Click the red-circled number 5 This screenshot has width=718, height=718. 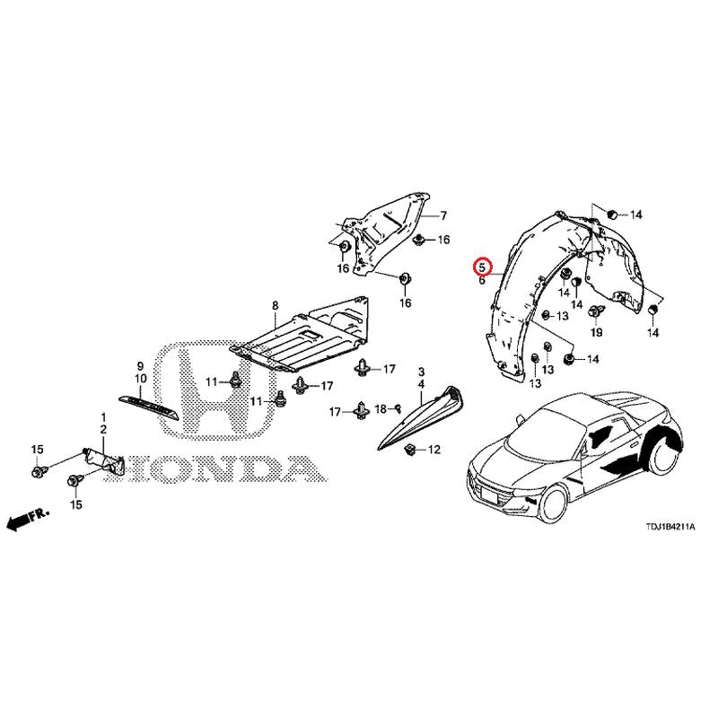[x=482, y=266]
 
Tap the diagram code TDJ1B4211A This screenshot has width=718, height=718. [x=670, y=527]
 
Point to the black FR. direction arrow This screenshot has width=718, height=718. [x=27, y=519]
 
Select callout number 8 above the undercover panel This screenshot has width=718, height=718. [x=275, y=305]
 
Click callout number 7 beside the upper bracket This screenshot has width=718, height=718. [x=442, y=215]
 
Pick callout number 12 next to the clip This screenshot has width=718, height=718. [x=433, y=450]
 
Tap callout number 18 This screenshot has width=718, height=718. [x=381, y=409]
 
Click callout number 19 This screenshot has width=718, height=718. [x=596, y=332]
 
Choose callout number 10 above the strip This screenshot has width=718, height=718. [x=141, y=379]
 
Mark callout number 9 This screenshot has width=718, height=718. [x=140, y=366]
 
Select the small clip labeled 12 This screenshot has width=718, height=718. [x=410, y=451]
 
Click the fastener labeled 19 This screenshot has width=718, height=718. [x=596, y=311]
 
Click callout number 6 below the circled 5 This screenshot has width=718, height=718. [x=482, y=280]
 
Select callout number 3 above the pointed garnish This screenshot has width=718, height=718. [x=421, y=372]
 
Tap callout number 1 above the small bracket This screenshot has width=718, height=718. [x=103, y=417]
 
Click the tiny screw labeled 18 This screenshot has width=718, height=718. [x=398, y=407]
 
